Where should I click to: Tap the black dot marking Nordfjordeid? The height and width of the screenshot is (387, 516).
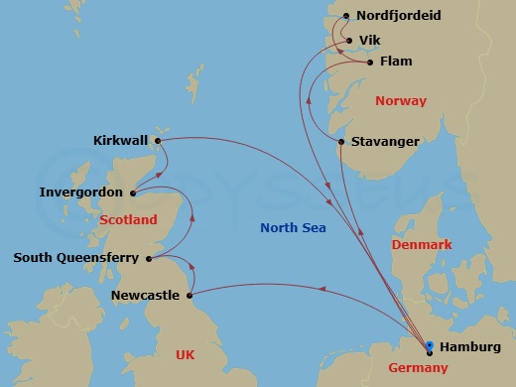[x=345, y=16]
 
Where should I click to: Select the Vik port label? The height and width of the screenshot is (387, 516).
[x=369, y=40]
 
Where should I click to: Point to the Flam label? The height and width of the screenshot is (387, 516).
[x=395, y=62]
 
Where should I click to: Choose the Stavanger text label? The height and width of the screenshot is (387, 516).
[x=385, y=142]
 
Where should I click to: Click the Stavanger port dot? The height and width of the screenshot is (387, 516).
[x=341, y=142]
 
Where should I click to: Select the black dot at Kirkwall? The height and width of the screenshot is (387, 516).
[x=157, y=140]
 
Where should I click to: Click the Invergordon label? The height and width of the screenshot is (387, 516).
[x=81, y=192]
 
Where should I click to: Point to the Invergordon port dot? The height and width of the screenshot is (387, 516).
[x=132, y=192]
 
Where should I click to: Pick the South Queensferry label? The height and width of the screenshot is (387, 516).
[x=75, y=258]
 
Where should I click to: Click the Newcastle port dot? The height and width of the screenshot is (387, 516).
[x=189, y=295]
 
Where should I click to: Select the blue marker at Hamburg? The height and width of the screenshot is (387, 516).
[x=429, y=346]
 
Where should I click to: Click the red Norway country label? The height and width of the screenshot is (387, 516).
[x=401, y=101]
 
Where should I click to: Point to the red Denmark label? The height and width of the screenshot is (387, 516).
[x=422, y=244]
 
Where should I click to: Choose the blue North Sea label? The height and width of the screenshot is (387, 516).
[x=299, y=227]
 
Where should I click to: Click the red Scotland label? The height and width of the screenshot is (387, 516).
[x=129, y=218]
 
